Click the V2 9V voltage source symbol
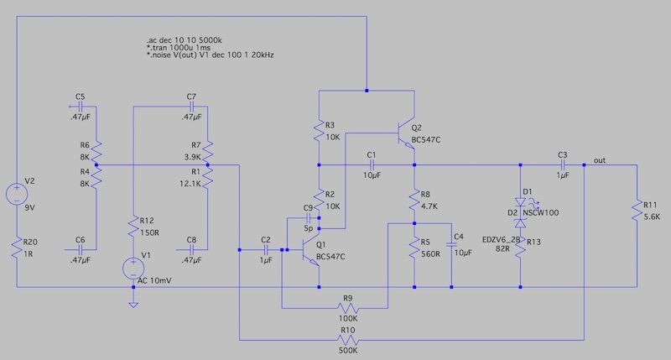point(16,195)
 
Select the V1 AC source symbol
point(133,268)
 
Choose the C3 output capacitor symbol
point(562,165)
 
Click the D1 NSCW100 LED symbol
point(521,201)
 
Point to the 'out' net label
point(600,159)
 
